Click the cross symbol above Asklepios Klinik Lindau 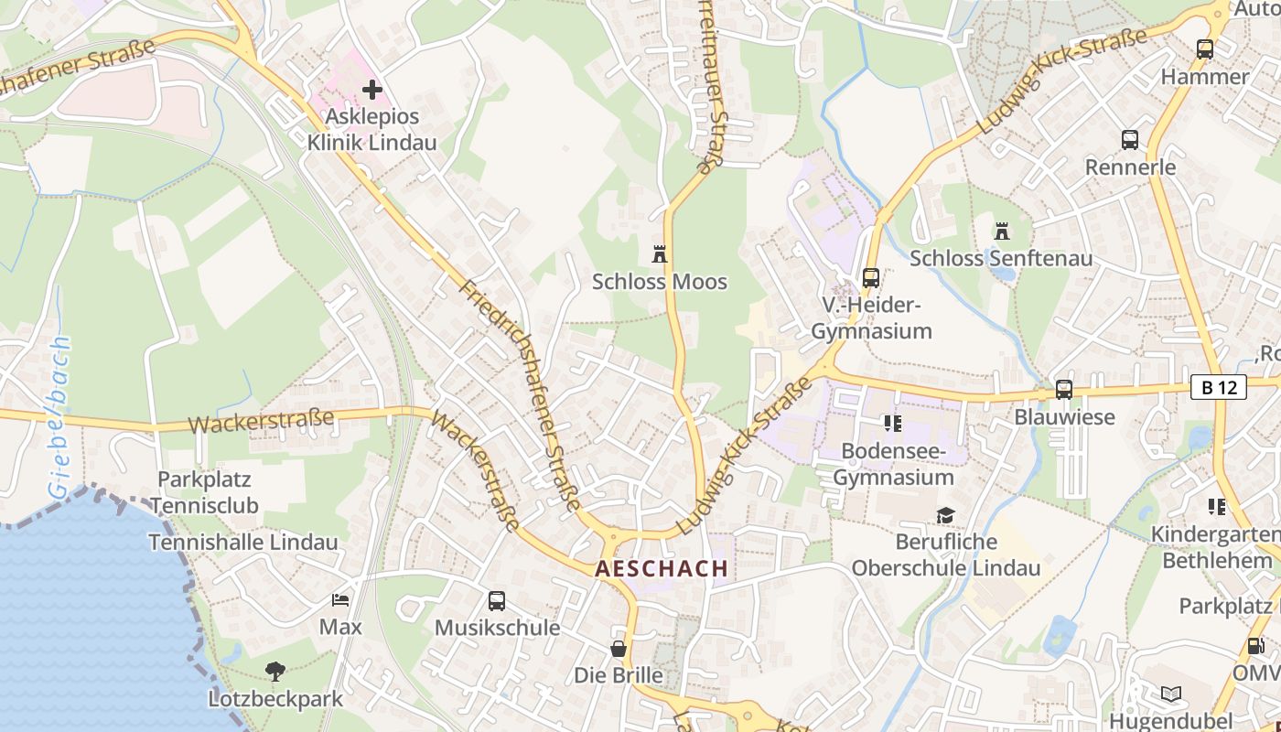click(371, 90)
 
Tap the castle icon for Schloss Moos click(659, 253)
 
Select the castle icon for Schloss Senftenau click(1002, 231)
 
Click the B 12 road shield click(1219, 387)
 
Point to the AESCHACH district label click(662, 568)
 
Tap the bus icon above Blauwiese click(1064, 390)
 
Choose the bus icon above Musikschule click(497, 601)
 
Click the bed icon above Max click(340, 600)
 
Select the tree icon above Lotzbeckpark click(274, 673)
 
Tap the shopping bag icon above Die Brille click(619, 649)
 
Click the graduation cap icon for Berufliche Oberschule click(945, 516)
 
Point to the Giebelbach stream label click(59, 417)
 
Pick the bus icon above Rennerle click(1130, 140)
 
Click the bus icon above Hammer click(1205, 49)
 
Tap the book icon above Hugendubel click(1171, 694)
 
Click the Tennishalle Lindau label click(243, 542)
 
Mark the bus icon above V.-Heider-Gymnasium click(871, 277)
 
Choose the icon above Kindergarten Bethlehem click(1216, 506)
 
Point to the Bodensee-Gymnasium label click(893, 464)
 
